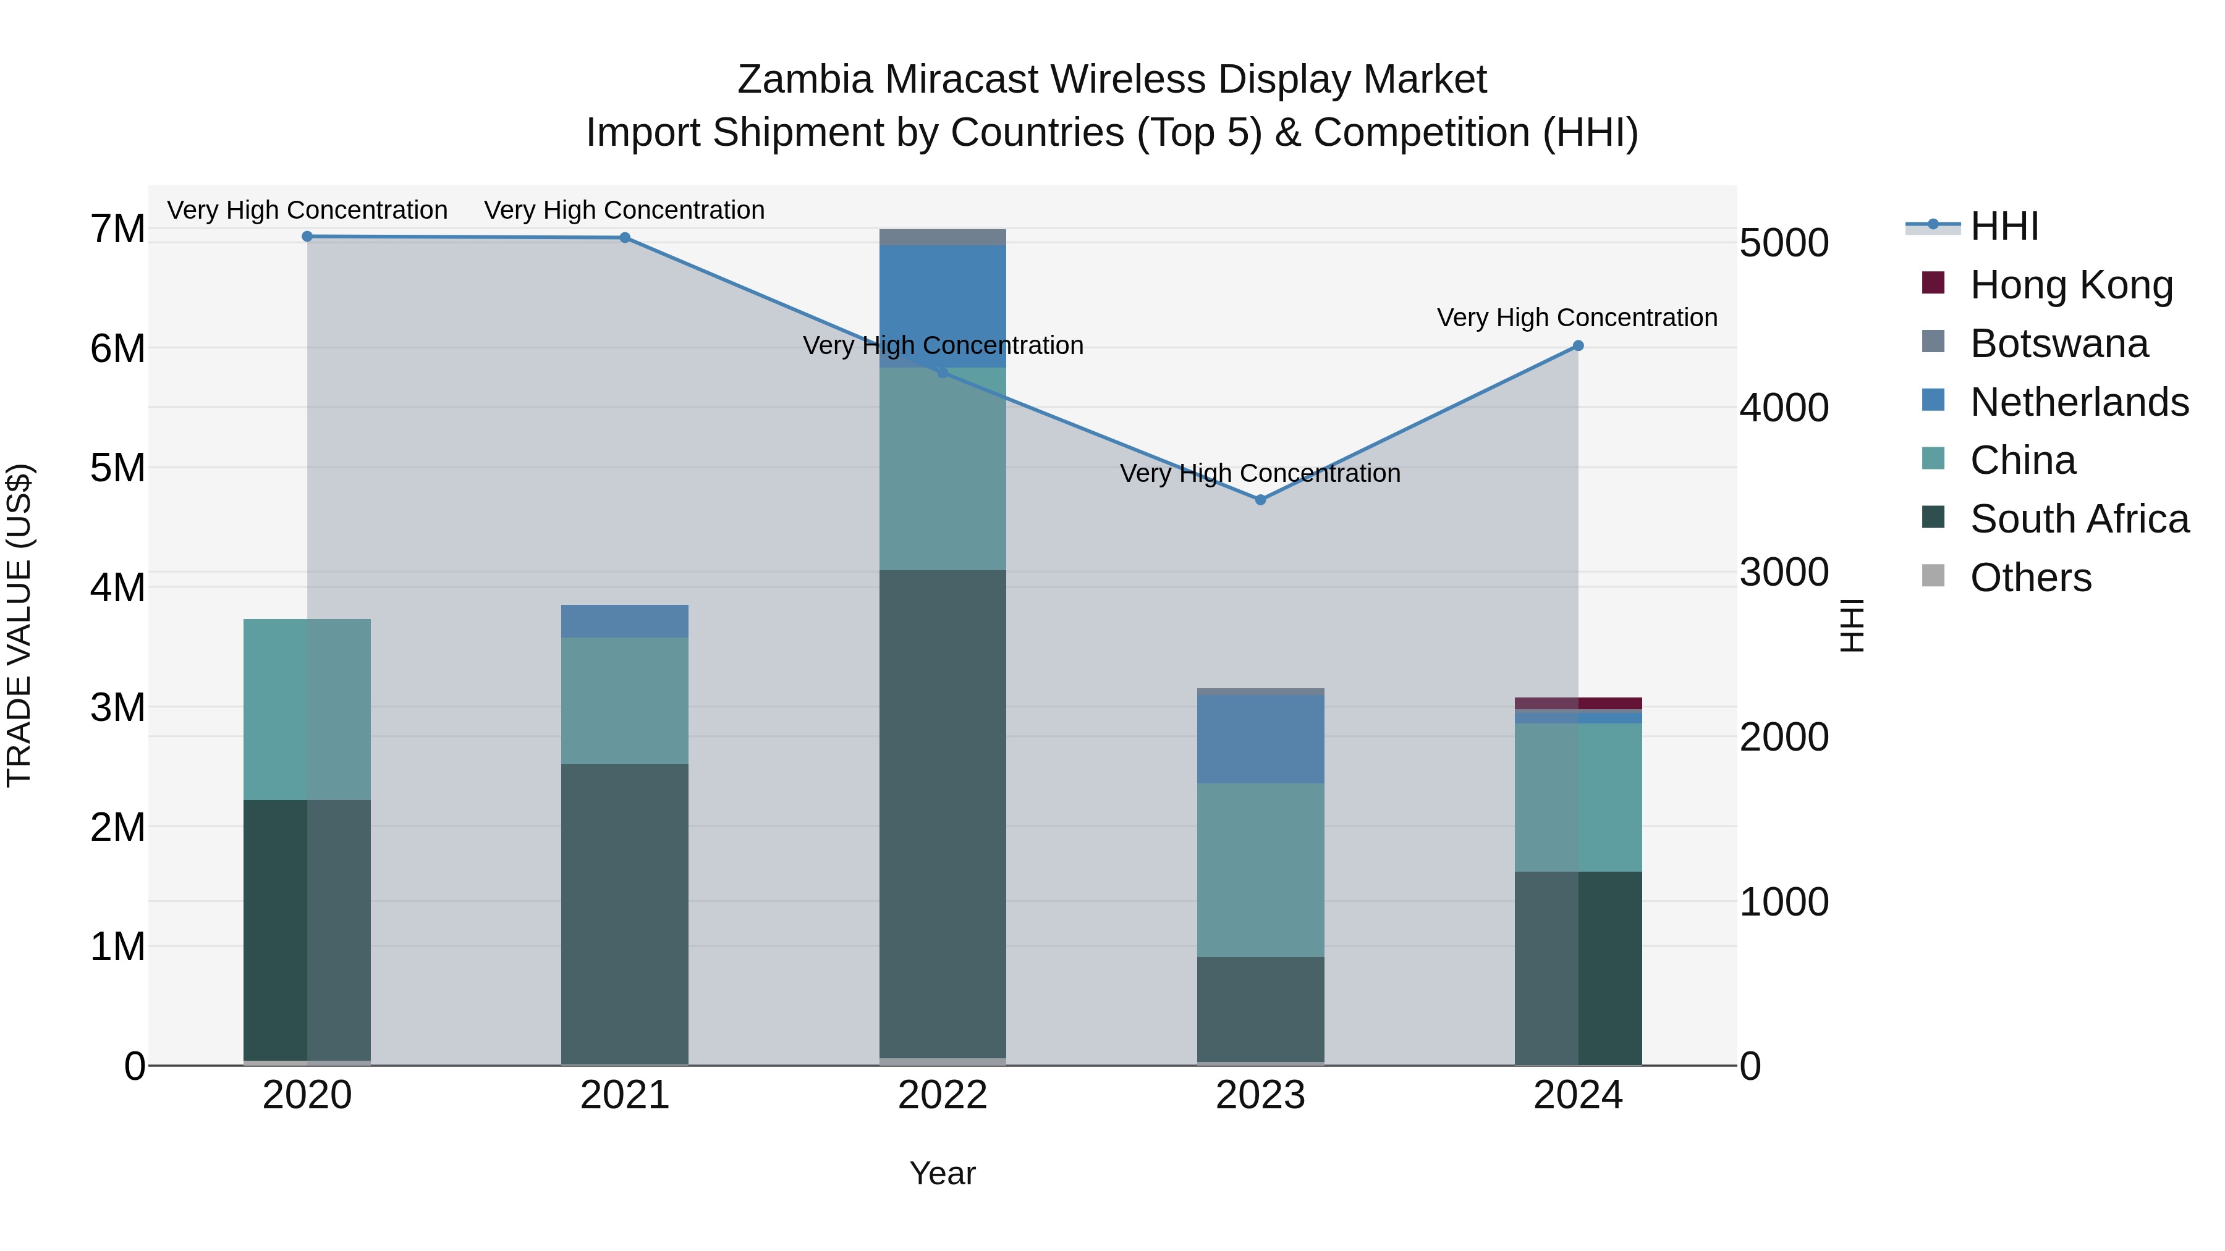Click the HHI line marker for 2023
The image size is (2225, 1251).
point(1260,500)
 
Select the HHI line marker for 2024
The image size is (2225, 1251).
point(1578,345)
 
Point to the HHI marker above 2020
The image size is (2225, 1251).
point(308,237)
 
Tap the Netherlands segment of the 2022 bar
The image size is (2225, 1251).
point(943,306)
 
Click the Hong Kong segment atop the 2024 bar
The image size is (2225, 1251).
point(1578,703)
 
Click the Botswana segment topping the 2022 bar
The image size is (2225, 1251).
point(943,237)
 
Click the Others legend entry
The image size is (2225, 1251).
point(2030,578)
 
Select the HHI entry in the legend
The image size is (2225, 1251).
point(2004,226)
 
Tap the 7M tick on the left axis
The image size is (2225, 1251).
point(117,230)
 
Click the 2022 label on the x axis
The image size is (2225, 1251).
point(943,1095)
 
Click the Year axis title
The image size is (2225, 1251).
point(943,1173)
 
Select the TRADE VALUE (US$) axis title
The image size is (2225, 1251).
point(20,625)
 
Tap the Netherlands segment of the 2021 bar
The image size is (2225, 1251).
point(624,621)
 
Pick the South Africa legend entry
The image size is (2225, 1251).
point(2078,519)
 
